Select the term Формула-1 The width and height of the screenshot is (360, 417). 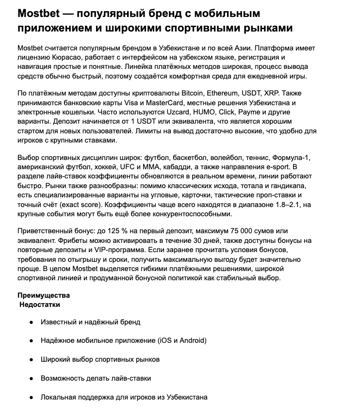click(x=291, y=159)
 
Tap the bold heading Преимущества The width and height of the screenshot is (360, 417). click(x=44, y=296)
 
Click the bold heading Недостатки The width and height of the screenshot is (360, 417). click(x=40, y=305)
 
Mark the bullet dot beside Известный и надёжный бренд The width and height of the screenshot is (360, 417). click(x=31, y=322)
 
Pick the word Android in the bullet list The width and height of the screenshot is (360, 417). click(x=193, y=341)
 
